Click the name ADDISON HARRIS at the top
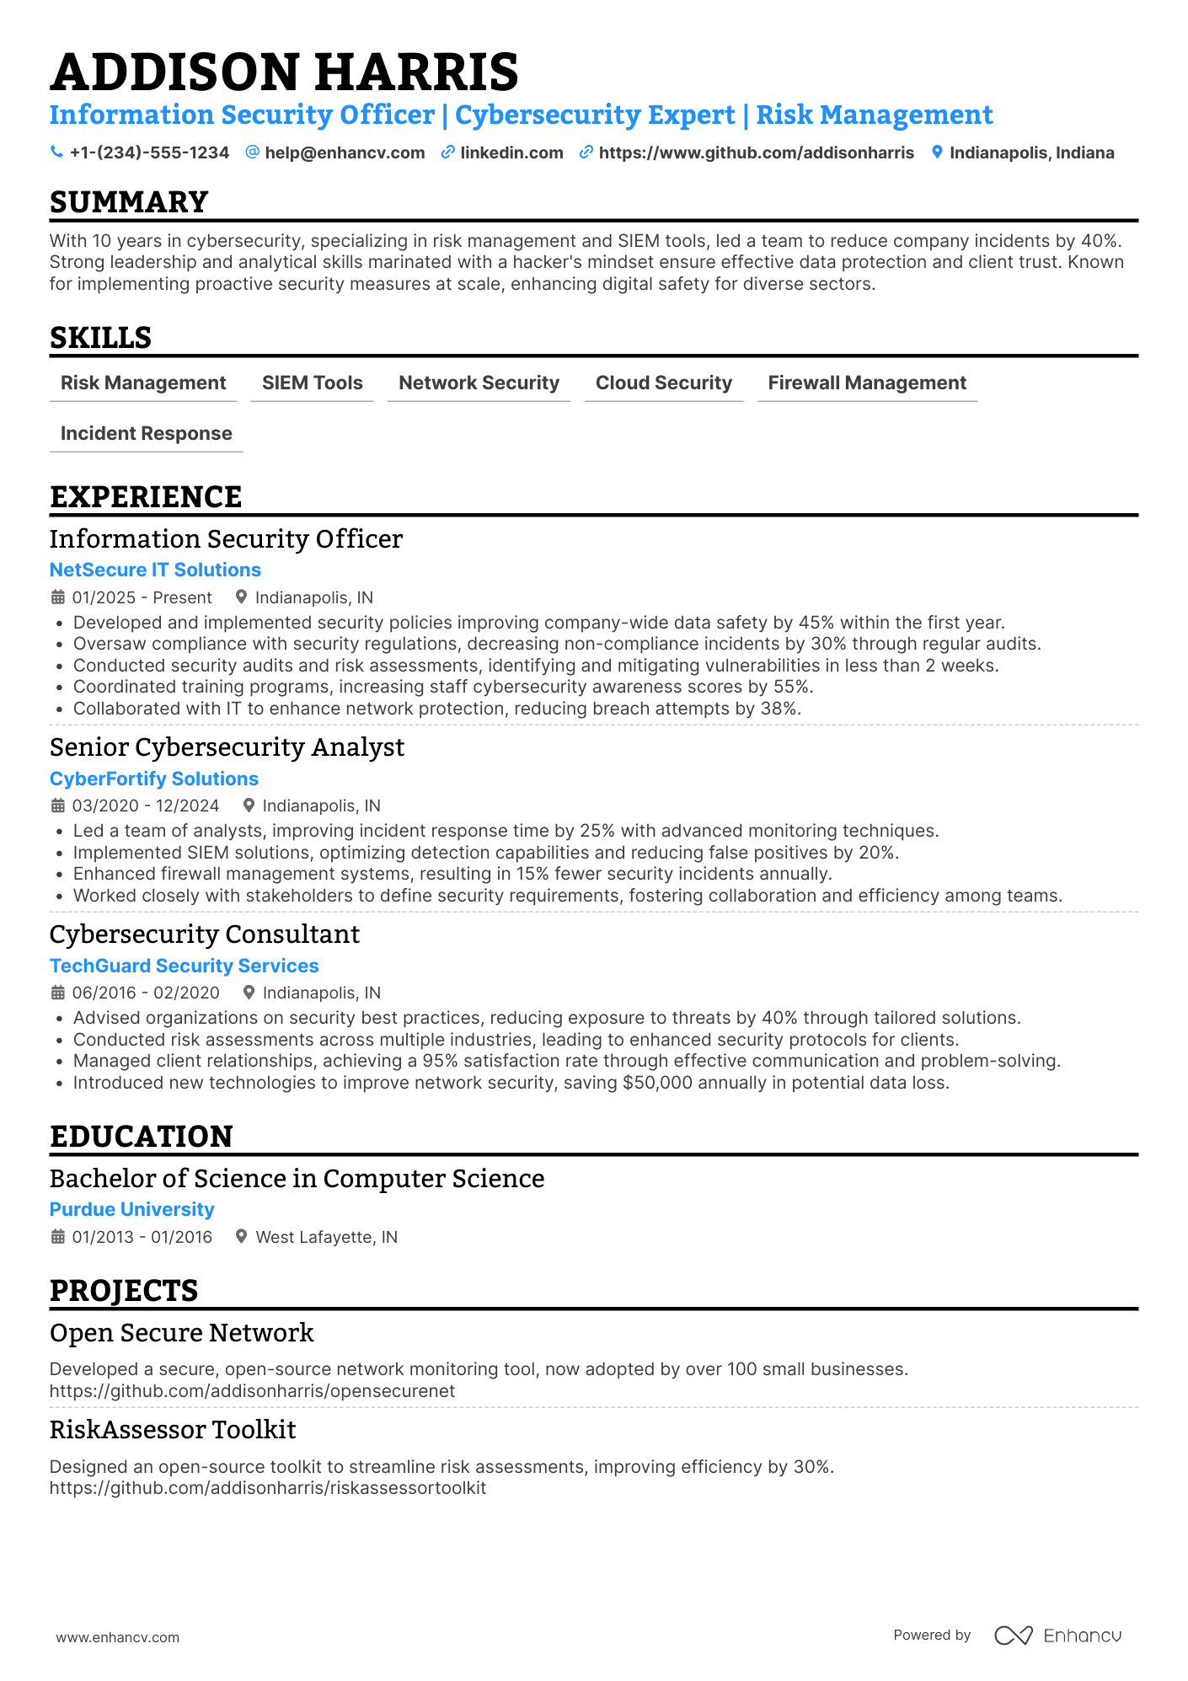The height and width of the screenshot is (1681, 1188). pos(284,72)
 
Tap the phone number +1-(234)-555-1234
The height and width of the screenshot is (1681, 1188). pos(149,153)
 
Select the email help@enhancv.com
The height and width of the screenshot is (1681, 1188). pos(345,153)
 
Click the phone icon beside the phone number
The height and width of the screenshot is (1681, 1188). pos(56,152)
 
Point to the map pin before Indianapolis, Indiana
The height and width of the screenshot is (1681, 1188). pos(937,153)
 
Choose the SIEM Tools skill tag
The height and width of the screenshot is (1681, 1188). pos(312,383)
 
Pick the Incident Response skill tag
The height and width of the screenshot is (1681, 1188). pos(146,433)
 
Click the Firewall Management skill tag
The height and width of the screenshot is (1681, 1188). pos(866,383)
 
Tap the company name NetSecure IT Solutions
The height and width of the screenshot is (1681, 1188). pos(155,570)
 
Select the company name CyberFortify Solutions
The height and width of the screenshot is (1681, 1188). pos(153,779)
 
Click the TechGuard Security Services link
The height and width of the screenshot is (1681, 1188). pos(184,966)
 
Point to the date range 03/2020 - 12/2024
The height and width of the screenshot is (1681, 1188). pos(145,806)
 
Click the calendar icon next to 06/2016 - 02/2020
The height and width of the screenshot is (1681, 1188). pos(57,993)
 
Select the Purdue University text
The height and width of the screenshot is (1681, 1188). pos(131,1209)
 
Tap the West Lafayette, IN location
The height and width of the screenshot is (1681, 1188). pos(326,1237)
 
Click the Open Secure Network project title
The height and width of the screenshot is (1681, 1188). pos(181,1333)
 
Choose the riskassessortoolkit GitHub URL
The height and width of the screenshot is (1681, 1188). pos(267,1488)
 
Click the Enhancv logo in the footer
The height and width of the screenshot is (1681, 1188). pos(1057,1635)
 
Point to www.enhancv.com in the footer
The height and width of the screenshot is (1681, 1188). pos(117,1637)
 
